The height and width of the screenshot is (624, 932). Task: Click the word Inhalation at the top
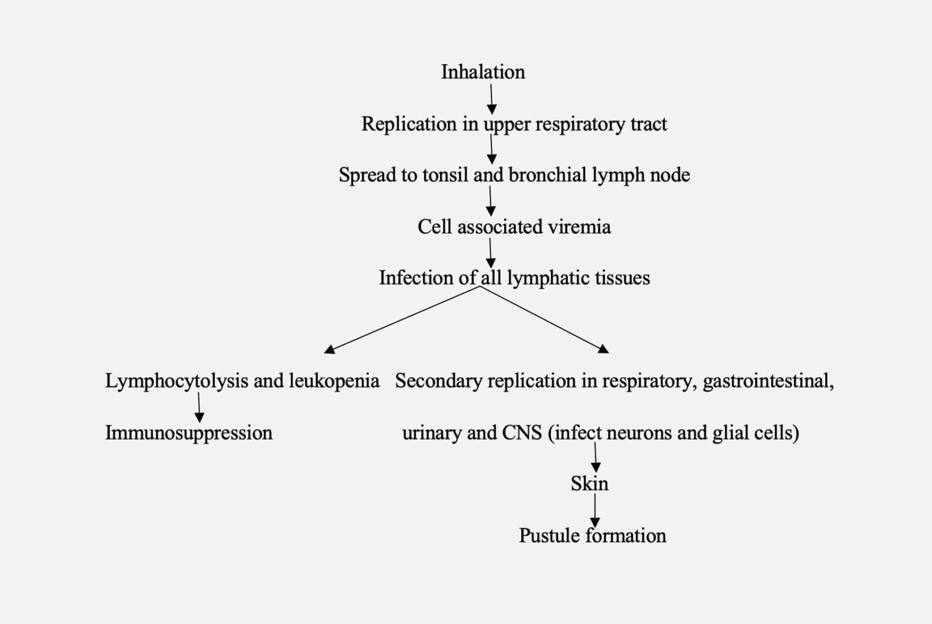click(x=482, y=72)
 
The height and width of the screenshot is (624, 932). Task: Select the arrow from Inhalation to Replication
click(x=491, y=99)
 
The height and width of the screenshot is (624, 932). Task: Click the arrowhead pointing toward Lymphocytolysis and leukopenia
click(x=330, y=349)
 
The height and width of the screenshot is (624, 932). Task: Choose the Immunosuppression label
click(x=189, y=432)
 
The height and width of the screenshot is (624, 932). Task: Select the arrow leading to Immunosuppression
click(x=199, y=407)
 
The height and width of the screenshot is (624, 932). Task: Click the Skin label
click(x=589, y=483)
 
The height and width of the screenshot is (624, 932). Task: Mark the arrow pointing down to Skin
click(x=595, y=457)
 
